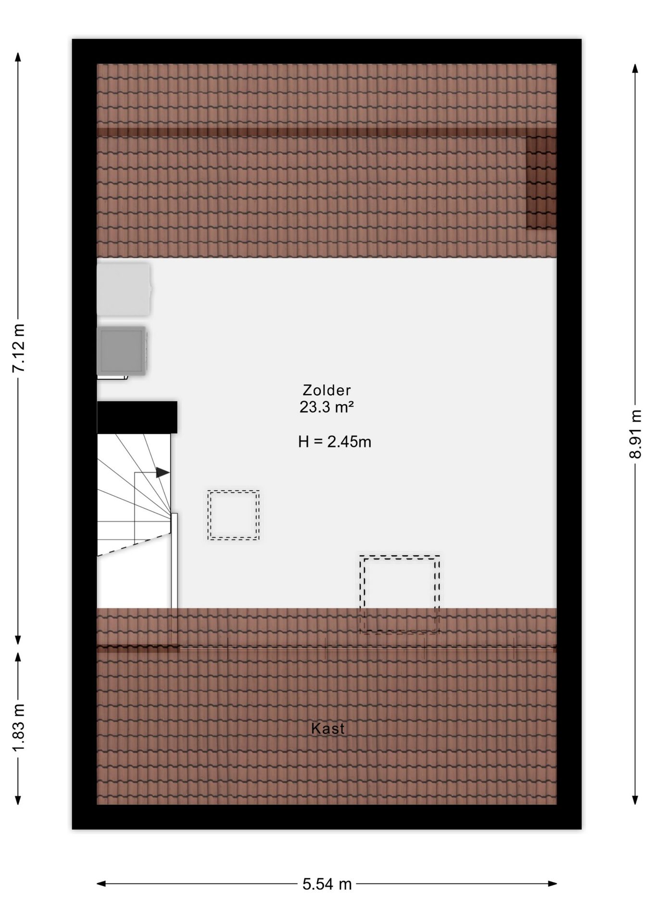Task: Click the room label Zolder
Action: click(327, 390)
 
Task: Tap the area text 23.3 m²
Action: click(327, 407)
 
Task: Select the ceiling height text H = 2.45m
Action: click(335, 441)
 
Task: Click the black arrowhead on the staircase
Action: click(163, 473)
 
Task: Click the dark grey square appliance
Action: click(122, 350)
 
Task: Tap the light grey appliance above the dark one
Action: click(124, 289)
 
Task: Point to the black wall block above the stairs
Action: click(137, 417)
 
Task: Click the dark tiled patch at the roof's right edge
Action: click(541, 182)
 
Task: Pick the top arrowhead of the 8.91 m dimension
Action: click(635, 68)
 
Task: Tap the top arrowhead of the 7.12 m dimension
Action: click(18, 57)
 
